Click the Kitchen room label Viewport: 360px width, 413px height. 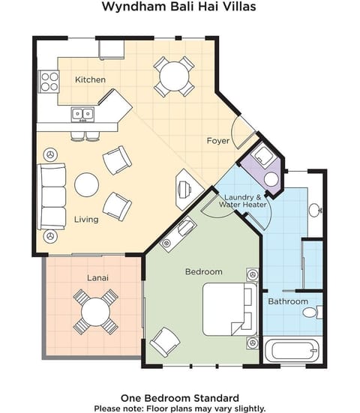click(91, 79)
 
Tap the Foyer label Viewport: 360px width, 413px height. click(219, 140)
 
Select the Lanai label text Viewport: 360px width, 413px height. click(97, 278)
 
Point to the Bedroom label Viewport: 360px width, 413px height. click(203, 271)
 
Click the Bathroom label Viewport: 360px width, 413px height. click(289, 301)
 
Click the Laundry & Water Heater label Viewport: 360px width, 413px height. click(244, 200)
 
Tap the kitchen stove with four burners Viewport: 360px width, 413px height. click(49, 80)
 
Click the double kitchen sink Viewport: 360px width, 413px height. click(82, 114)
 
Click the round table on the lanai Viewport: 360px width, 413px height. click(96, 311)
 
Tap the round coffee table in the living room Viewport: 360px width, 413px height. click(86, 184)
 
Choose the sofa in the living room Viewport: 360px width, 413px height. click(52, 196)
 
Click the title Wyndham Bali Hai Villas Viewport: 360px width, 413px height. click(180, 7)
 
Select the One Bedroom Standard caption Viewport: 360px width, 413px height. click(180, 397)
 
